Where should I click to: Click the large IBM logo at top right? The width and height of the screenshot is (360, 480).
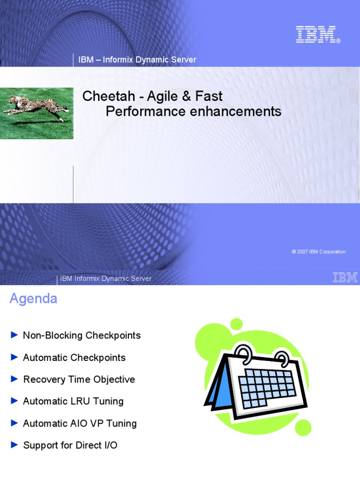click(317, 35)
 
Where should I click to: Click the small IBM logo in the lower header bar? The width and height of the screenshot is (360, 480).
click(345, 277)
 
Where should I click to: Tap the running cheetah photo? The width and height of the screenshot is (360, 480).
click(37, 113)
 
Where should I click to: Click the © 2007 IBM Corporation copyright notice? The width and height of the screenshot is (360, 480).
click(318, 252)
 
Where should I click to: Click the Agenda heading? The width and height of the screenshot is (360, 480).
click(33, 299)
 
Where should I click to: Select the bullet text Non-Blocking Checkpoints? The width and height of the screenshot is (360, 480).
click(82, 336)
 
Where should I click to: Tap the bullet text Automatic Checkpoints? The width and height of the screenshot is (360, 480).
click(74, 358)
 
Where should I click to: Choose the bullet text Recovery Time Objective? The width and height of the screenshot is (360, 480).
click(79, 380)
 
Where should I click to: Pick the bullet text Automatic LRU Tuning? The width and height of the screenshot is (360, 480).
click(73, 401)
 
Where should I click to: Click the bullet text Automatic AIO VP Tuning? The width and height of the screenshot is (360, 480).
click(80, 423)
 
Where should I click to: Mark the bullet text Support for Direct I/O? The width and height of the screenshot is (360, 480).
click(70, 445)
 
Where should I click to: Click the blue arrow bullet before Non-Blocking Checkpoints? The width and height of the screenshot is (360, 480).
click(14, 335)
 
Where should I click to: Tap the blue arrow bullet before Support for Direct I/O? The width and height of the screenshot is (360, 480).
click(14, 445)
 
